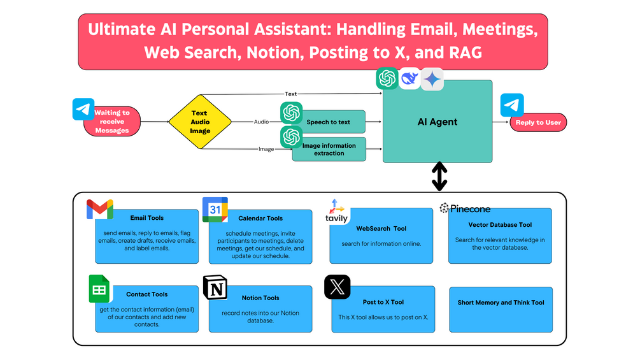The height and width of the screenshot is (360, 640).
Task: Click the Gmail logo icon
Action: point(100,210)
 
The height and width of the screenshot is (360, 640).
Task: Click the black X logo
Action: point(337,287)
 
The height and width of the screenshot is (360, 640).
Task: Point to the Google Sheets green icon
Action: point(99,289)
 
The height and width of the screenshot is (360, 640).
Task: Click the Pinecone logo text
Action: point(466,208)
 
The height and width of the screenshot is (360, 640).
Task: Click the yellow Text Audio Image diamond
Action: point(200,122)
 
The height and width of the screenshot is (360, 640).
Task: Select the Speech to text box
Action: point(329,122)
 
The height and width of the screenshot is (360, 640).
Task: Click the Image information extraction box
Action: point(329,149)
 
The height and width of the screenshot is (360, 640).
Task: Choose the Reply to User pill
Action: point(538,122)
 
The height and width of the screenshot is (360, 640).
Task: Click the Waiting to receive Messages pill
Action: point(113,122)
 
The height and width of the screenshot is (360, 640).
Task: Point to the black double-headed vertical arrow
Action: point(439,176)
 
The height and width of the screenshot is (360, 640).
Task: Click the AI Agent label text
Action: point(437,122)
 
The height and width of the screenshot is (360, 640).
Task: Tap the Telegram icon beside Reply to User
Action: point(512,105)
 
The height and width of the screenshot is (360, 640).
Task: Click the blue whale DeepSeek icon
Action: point(410,78)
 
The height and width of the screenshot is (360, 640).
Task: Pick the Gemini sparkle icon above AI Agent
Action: point(432,79)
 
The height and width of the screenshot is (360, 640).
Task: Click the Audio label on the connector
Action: point(261,122)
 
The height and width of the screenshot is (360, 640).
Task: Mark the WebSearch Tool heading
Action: point(381,228)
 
